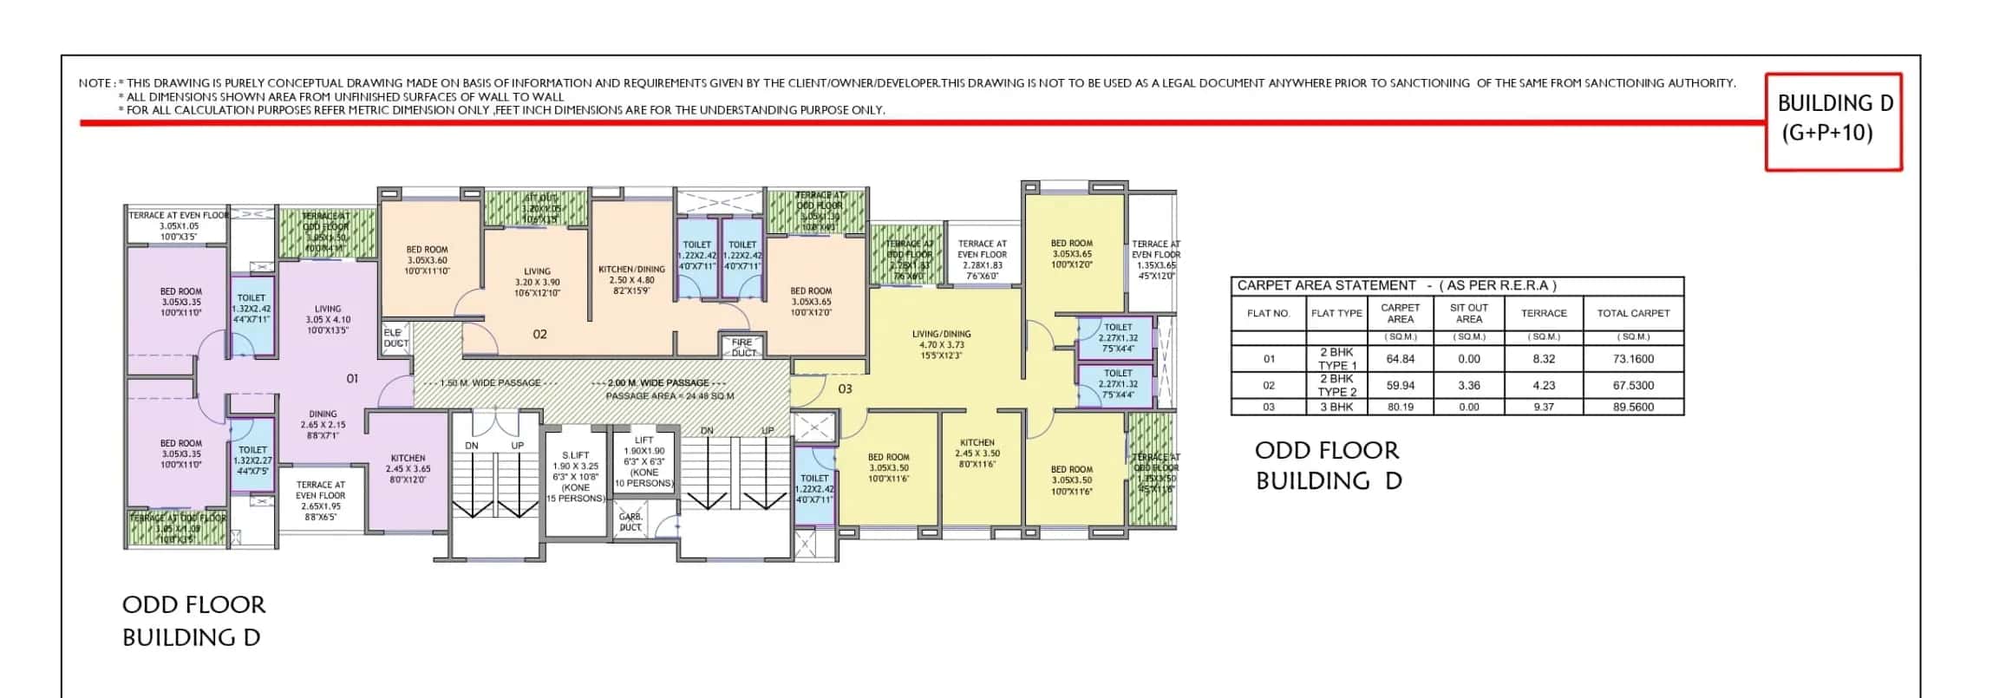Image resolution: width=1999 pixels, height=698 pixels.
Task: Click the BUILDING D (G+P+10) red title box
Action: pyautogui.click(x=1833, y=120)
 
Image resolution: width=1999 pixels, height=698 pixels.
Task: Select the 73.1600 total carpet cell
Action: pyautogui.click(x=1633, y=359)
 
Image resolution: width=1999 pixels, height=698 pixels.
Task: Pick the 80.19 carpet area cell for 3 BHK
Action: pyautogui.click(x=1400, y=407)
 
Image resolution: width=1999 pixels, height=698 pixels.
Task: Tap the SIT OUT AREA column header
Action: pyautogui.click(x=1468, y=313)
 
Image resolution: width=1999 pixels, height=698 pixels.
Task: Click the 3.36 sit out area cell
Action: pyautogui.click(x=1468, y=385)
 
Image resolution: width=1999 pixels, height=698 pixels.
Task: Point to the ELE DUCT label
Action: pyautogui.click(x=395, y=338)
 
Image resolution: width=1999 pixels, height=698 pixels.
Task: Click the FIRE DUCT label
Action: pyautogui.click(x=743, y=348)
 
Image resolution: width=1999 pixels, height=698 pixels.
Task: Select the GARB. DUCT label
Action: pyautogui.click(x=630, y=521)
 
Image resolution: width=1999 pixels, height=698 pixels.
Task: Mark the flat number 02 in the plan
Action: pyautogui.click(x=539, y=335)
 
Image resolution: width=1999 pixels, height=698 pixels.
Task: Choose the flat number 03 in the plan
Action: pyautogui.click(x=845, y=389)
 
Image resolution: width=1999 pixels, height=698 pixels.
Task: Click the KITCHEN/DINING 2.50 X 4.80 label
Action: pyautogui.click(x=631, y=280)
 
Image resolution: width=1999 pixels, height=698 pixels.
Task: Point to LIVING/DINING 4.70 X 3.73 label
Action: pyautogui.click(x=941, y=344)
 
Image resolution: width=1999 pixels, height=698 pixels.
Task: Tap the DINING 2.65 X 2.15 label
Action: pyautogui.click(x=323, y=424)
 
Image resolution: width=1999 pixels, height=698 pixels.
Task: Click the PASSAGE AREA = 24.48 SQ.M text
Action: pyautogui.click(x=670, y=396)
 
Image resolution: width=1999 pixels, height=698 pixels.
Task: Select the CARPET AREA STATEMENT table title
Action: pyautogui.click(x=1396, y=285)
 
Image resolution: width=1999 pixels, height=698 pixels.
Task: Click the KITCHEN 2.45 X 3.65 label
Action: pyautogui.click(x=408, y=468)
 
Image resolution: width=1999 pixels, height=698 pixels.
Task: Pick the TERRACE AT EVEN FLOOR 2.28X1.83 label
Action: pyautogui.click(x=982, y=260)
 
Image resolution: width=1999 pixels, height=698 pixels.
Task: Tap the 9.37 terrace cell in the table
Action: pyautogui.click(x=1543, y=407)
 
